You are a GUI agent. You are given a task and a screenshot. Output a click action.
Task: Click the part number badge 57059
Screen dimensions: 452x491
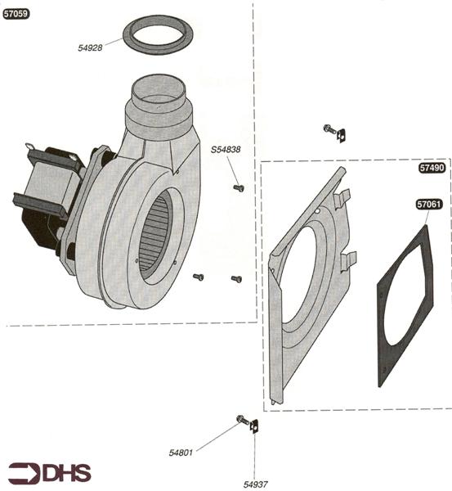point(16,14)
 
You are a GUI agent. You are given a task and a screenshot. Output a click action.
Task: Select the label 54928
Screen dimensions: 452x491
point(90,48)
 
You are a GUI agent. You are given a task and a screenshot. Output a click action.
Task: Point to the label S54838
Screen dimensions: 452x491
point(226,150)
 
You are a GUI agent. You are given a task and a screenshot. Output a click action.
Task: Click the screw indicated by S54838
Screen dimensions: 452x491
point(239,187)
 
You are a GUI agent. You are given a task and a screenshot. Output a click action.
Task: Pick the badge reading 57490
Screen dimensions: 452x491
point(432,168)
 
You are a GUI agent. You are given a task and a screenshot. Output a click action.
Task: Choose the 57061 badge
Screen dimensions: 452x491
point(429,205)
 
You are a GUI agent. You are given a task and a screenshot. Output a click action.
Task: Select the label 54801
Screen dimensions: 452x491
point(181,453)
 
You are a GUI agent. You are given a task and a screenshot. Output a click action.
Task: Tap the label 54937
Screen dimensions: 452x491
point(255,484)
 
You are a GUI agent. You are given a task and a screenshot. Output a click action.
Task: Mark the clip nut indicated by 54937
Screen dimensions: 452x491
point(254,426)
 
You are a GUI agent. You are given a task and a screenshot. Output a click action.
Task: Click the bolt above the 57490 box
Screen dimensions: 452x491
point(329,128)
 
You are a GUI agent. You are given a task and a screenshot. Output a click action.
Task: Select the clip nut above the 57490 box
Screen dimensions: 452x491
point(341,135)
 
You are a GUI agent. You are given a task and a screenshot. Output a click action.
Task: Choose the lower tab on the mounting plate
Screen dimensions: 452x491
point(348,260)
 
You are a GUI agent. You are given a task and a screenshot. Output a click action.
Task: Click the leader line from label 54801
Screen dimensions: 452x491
point(217,436)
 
